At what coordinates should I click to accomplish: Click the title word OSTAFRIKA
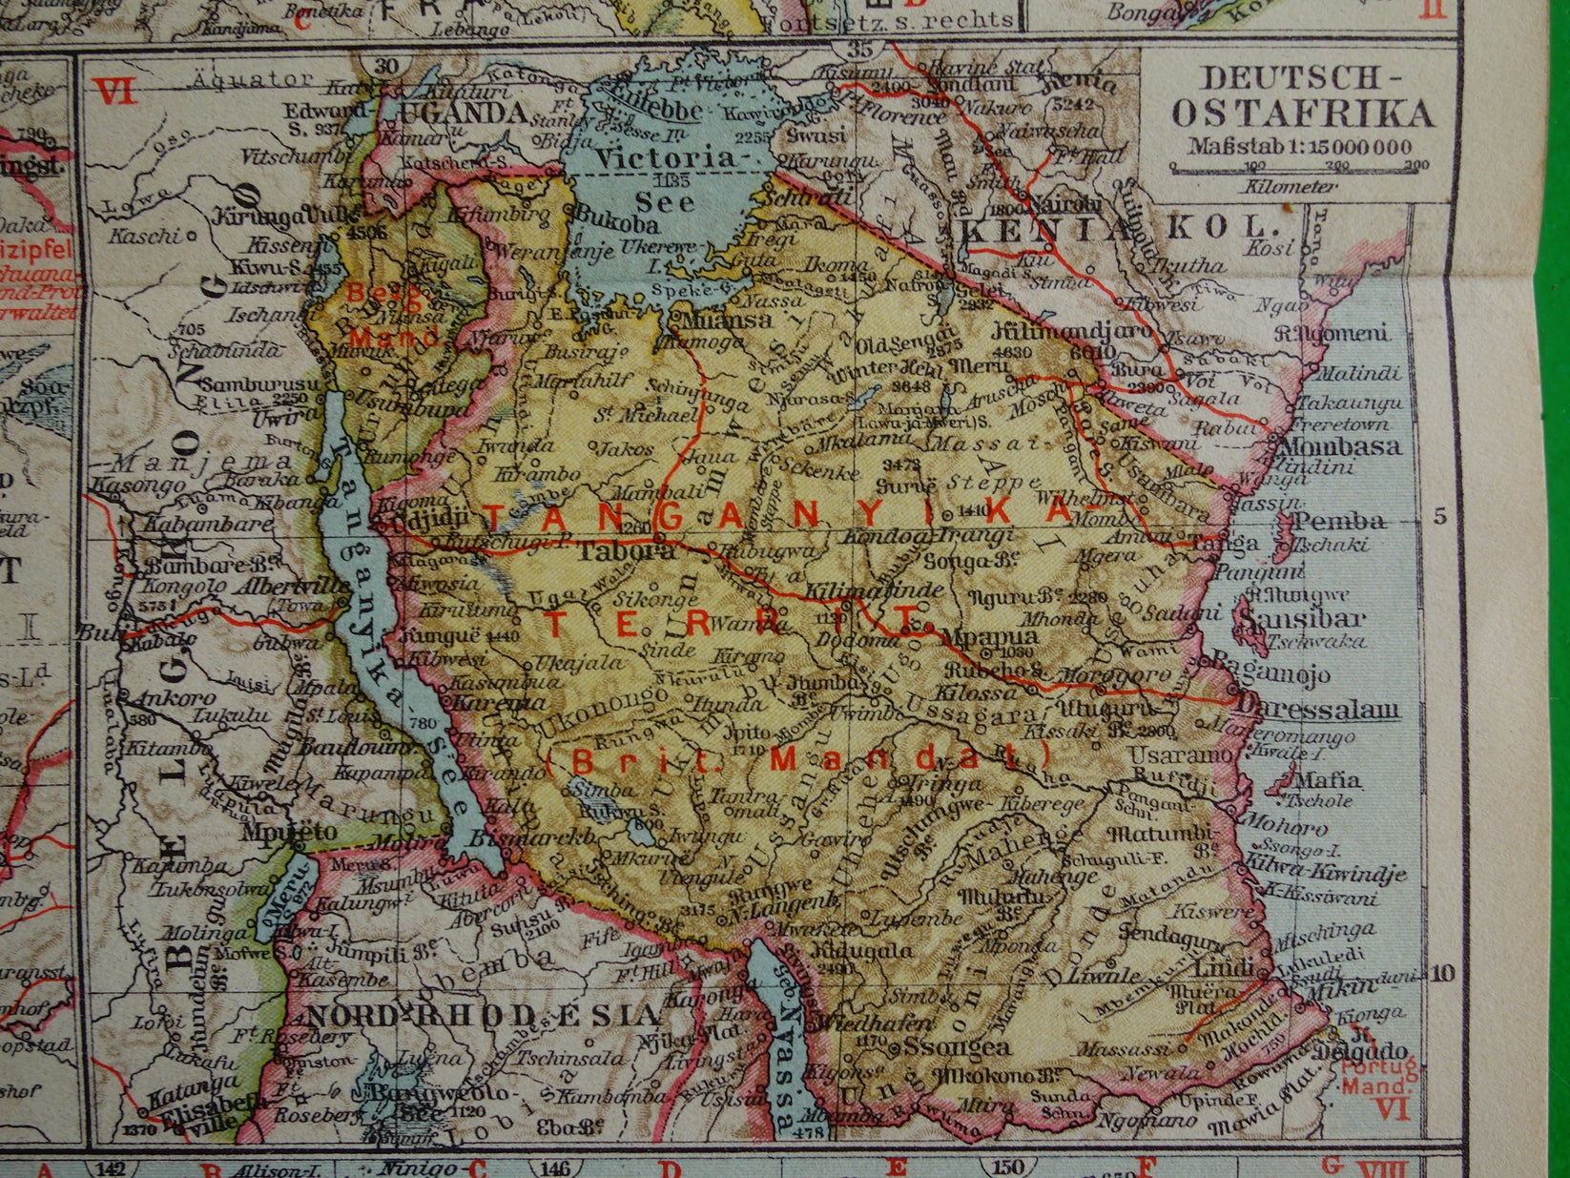[x=1302, y=114]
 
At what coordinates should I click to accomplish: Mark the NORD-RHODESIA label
[x=483, y=1014]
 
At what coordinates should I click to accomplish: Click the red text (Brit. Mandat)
[x=799, y=757]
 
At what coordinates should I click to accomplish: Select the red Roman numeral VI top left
[x=114, y=93]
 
